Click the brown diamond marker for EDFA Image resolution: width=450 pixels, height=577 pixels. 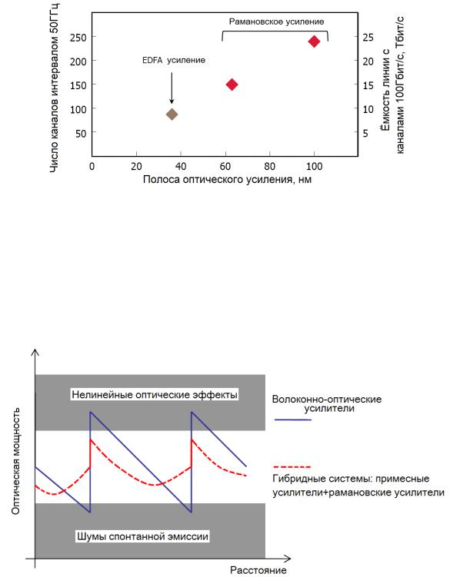click(x=172, y=114)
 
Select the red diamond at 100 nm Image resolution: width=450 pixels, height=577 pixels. click(x=314, y=41)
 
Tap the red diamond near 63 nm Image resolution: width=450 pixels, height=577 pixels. click(x=232, y=85)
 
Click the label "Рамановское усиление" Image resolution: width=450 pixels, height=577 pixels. click(x=276, y=22)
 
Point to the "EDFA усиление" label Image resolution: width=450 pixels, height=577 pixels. click(x=174, y=60)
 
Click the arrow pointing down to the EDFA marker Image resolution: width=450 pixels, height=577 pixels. click(x=172, y=88)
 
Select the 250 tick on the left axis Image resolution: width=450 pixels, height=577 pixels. click(x=78, y=38)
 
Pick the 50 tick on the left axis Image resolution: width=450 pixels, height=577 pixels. click(x=81, y=133)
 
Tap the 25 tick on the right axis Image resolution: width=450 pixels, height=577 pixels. click(x=368, y=38)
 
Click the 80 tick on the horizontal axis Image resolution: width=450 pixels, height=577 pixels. click(x=269, y=166)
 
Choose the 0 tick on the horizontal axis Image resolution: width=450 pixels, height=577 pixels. click(x=92, y=166)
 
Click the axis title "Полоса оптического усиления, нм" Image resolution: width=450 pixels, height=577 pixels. click(x=227, y=179)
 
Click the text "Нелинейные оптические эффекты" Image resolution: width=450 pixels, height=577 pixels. click(x=155, y=395)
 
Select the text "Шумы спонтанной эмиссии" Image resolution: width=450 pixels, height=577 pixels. click(x=142, y=536)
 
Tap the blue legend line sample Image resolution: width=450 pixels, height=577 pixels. click(x=293, y=419)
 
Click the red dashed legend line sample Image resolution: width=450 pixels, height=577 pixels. click(x=292, y=466)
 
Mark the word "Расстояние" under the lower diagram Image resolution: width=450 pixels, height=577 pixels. click(x=258, y=570)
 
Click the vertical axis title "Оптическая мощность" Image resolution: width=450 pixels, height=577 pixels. click(x=15, y=461)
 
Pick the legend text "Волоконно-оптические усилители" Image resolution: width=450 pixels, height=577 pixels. click(x=327, y=403)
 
